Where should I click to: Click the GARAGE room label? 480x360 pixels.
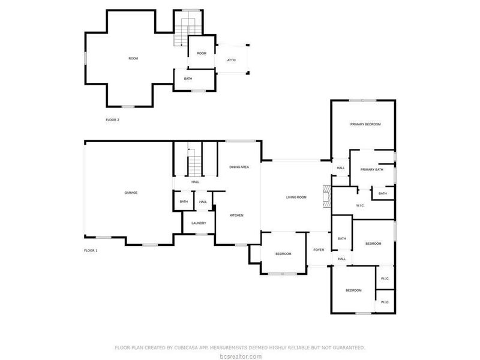coord(131,193)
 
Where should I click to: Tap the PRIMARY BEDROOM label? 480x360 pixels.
coord(365,124)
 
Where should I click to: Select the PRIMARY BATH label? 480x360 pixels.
coord(371,170)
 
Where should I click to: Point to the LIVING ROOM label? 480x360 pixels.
coord(296,197)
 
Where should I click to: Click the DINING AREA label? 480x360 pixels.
coord(239,167)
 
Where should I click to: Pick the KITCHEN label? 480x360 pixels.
coord(237,215)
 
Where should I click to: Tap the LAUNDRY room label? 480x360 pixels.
coord(199,223)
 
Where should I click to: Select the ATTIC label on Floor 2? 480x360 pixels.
coord(231,60)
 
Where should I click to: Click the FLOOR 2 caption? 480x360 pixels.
coord(112,120)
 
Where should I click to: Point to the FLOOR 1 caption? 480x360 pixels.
coord(90,250)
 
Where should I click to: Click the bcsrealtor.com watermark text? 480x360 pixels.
coord(239,356)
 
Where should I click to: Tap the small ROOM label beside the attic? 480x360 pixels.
coord(202,53)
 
